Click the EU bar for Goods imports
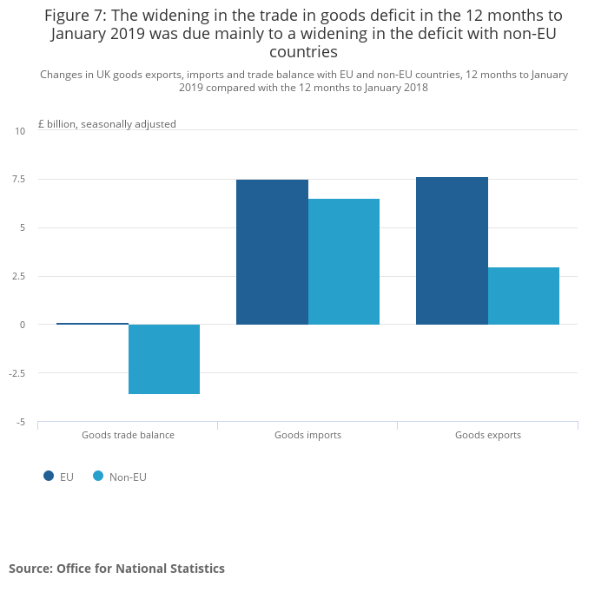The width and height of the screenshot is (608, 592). point(272,252)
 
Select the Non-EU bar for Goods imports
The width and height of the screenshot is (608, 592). point(344,261)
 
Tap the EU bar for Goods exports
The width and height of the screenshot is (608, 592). point(452,251)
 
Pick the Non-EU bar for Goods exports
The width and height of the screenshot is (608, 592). point(524,296)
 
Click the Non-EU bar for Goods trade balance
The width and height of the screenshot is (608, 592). point(164,359)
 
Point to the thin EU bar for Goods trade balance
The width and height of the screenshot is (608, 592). point(92,324)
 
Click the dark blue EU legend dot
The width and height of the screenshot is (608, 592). point(49,476)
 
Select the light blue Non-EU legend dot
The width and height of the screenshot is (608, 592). point(98,476)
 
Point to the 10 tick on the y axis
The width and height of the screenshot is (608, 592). point(20,131)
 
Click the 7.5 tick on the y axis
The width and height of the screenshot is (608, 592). point(18,180)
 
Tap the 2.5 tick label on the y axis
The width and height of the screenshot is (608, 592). point(18,276)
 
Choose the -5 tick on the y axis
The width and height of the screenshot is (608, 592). point(20,422)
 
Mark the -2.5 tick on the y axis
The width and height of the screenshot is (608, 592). point(17,373)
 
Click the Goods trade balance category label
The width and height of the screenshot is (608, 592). point(128,435)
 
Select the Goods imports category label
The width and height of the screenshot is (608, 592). point(307,435)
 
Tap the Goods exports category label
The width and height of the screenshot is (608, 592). point(487,435)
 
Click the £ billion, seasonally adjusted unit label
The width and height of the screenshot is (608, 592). point(107,124)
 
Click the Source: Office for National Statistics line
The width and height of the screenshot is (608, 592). point(116,569)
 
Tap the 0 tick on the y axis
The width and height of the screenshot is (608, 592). point(23,325)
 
